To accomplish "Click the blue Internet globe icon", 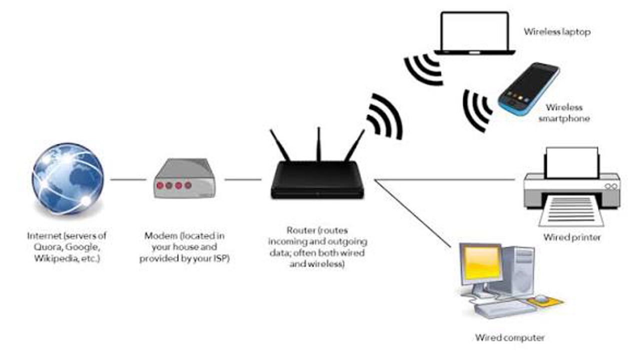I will coord(67,179).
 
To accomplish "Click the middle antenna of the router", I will coord(317,145).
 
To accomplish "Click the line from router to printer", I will coord(445,179).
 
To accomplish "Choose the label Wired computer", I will coord(509,338).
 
